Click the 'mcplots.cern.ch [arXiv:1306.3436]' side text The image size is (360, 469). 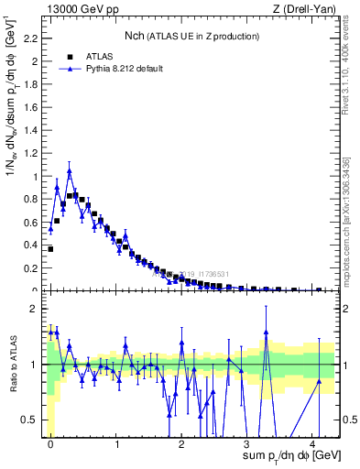351,220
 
